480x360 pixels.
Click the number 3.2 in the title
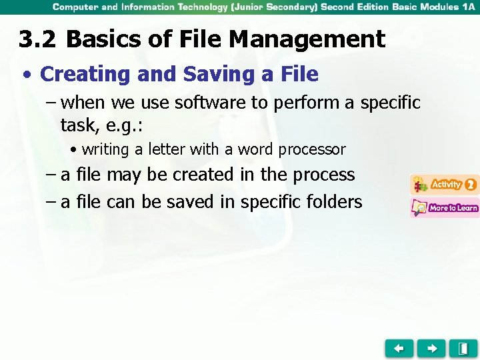click(38, 40)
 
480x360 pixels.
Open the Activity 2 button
click(444, 184)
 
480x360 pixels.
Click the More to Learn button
click(444, 208)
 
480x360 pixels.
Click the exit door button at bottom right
click(463, 348)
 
